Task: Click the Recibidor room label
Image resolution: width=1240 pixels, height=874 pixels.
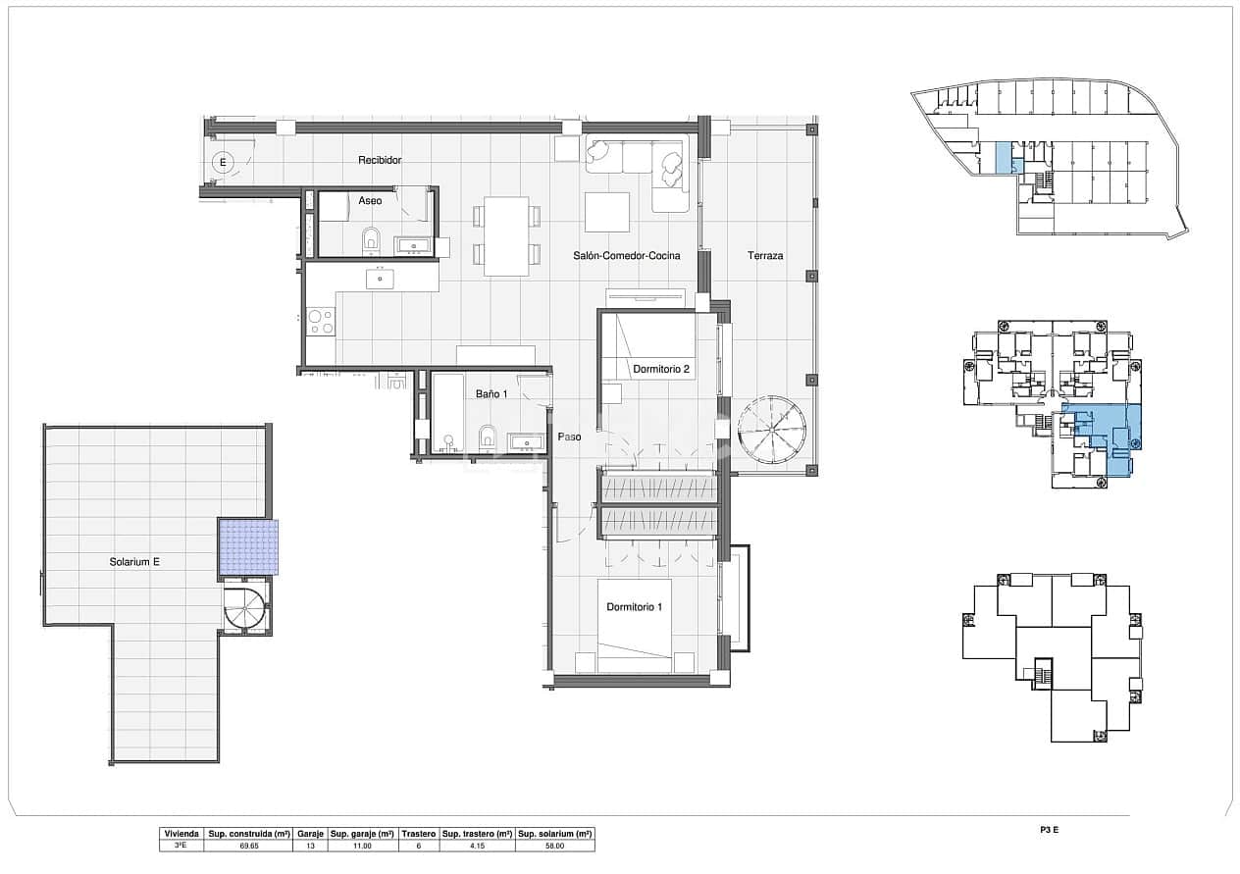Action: pos(380,160)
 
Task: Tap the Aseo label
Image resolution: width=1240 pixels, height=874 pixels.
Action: pos(370,200)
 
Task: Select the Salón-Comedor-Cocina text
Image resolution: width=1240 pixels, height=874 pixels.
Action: pos(626,256)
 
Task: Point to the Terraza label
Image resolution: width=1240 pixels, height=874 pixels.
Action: pos(765,256)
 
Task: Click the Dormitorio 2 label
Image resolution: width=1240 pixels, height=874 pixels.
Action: pos(661,370)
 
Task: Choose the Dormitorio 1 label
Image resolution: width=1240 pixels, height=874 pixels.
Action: pos(634,607)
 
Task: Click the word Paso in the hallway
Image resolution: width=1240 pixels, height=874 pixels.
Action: pos(570,437)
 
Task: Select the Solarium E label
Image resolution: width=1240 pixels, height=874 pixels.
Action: pos(134,562)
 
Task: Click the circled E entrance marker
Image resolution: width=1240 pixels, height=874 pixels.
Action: pos(224,162)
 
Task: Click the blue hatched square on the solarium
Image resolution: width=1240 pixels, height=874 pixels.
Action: pos(248,547)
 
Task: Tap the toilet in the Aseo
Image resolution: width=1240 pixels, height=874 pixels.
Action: pos(372,238)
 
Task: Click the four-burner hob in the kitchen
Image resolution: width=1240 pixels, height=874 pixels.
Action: pos(320,322)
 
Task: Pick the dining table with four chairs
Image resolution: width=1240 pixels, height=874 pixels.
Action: pos(506,235)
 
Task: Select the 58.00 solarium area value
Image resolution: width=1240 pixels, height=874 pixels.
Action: pos(555,845)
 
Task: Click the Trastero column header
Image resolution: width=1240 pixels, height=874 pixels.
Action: pos(419,833)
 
